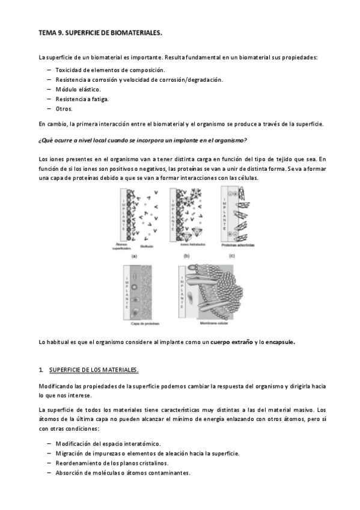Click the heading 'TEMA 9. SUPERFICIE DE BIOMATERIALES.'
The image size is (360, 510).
coord(100,34)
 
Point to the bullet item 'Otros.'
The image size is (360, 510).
coord(64,109)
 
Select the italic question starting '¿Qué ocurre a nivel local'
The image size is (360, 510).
coord(142,140)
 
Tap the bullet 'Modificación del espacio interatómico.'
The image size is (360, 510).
coord(108,443)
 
